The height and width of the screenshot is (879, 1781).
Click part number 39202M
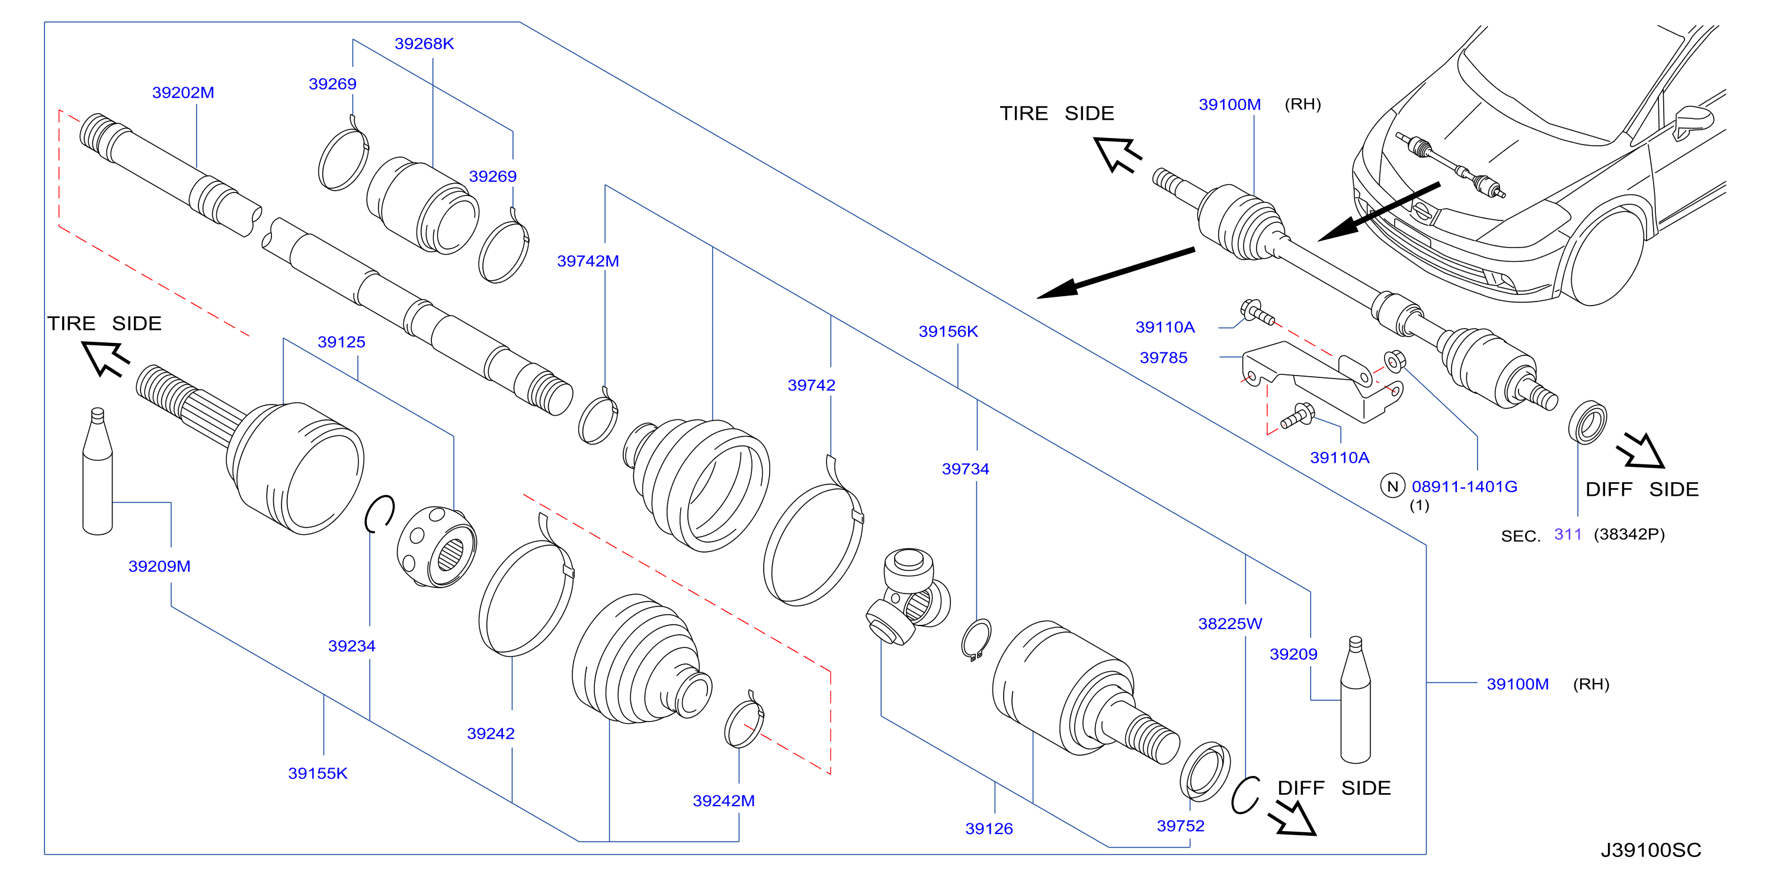point(183,92)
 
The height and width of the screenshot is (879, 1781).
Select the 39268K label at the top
point(424,44)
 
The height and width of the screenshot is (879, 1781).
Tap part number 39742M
point(588,261)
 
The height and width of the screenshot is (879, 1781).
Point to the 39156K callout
point(948,332)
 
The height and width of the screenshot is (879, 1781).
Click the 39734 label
point(965,469)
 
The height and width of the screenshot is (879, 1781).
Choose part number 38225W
point(1230,624)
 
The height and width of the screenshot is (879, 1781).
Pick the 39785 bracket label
point(1164,358)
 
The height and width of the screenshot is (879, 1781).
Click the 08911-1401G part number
point(1465,486)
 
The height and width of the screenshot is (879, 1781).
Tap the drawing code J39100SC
point(1651,850)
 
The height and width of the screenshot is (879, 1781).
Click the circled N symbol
point(1392,486)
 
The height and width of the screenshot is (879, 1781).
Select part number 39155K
point(318,774)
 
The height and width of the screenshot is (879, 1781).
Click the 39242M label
point(723,801)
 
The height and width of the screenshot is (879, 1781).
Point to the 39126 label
point(989,829)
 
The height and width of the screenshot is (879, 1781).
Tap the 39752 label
point(1180,826)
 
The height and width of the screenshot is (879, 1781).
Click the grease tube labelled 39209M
point(98,471)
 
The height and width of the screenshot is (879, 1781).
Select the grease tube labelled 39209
point(1355,700)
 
